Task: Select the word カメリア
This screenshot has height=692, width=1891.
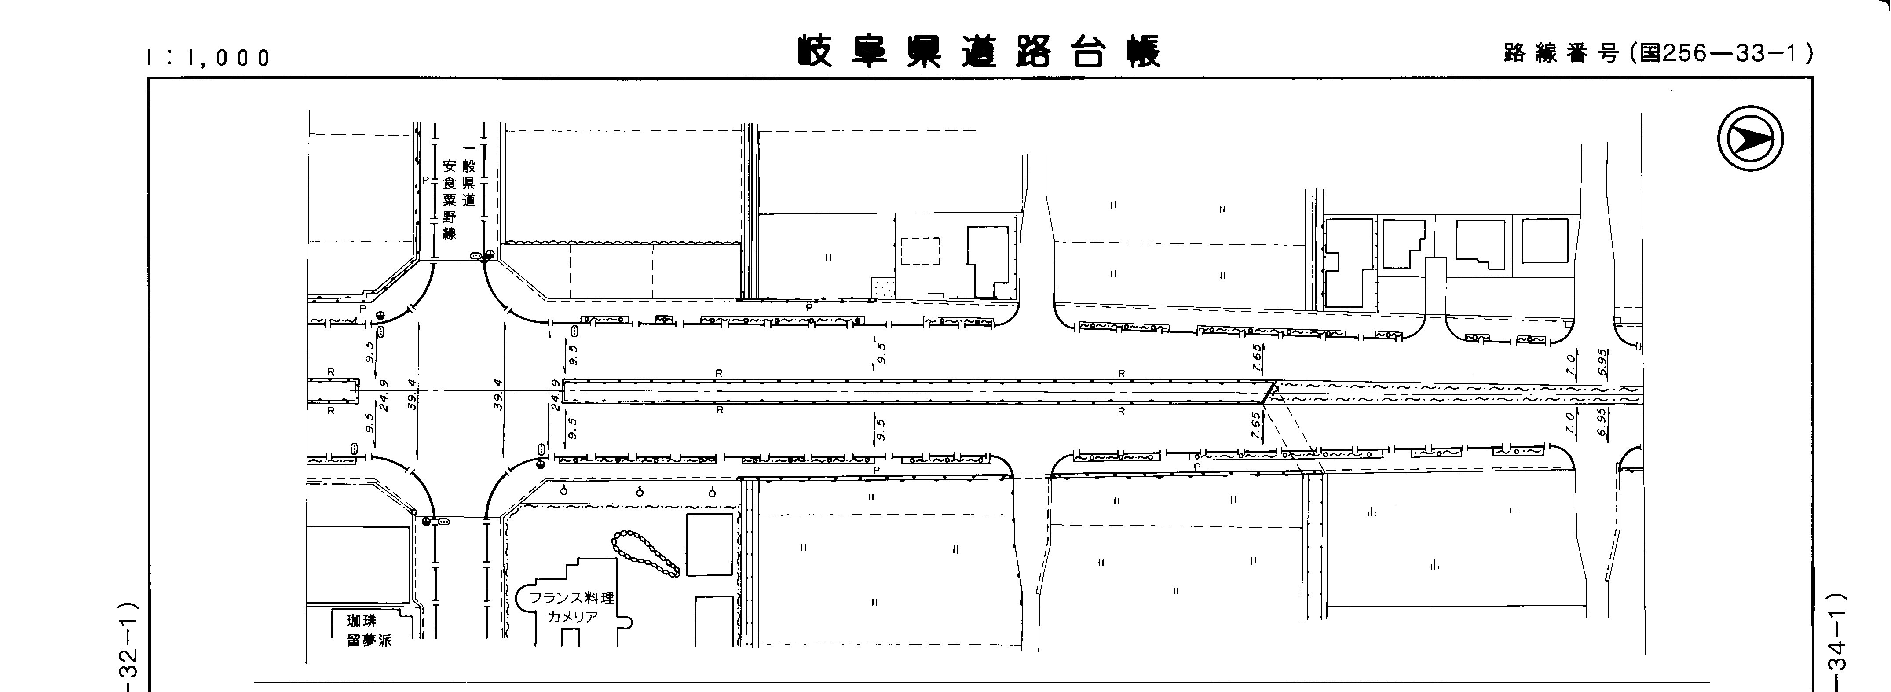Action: click(573, 617)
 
